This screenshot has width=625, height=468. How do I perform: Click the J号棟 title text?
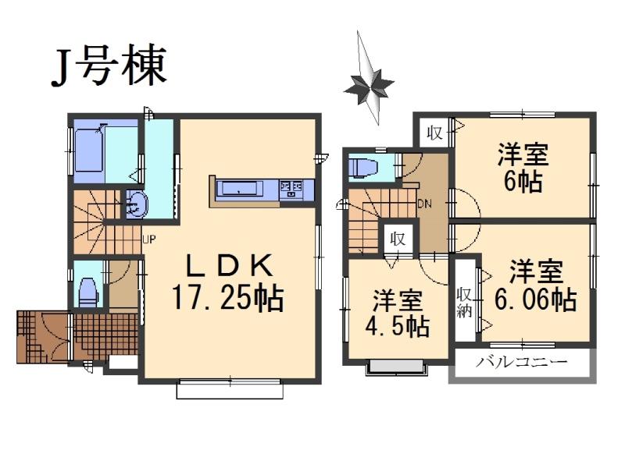[x=109, y=66]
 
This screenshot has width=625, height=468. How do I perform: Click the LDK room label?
[x=229, y=267]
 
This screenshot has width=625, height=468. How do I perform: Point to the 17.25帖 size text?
[x=228, y=298]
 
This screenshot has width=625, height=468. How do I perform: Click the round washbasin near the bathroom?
[x=134, y=205]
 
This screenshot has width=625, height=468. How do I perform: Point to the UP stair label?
[x=148, y=239]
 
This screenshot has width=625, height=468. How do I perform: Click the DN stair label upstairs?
[x=425, y=204]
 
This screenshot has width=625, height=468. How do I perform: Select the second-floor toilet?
[x=364, y=168]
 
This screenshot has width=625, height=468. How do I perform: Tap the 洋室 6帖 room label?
[x=523, y=168]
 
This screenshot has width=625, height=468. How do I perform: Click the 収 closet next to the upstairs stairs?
[x=398, y=239]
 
